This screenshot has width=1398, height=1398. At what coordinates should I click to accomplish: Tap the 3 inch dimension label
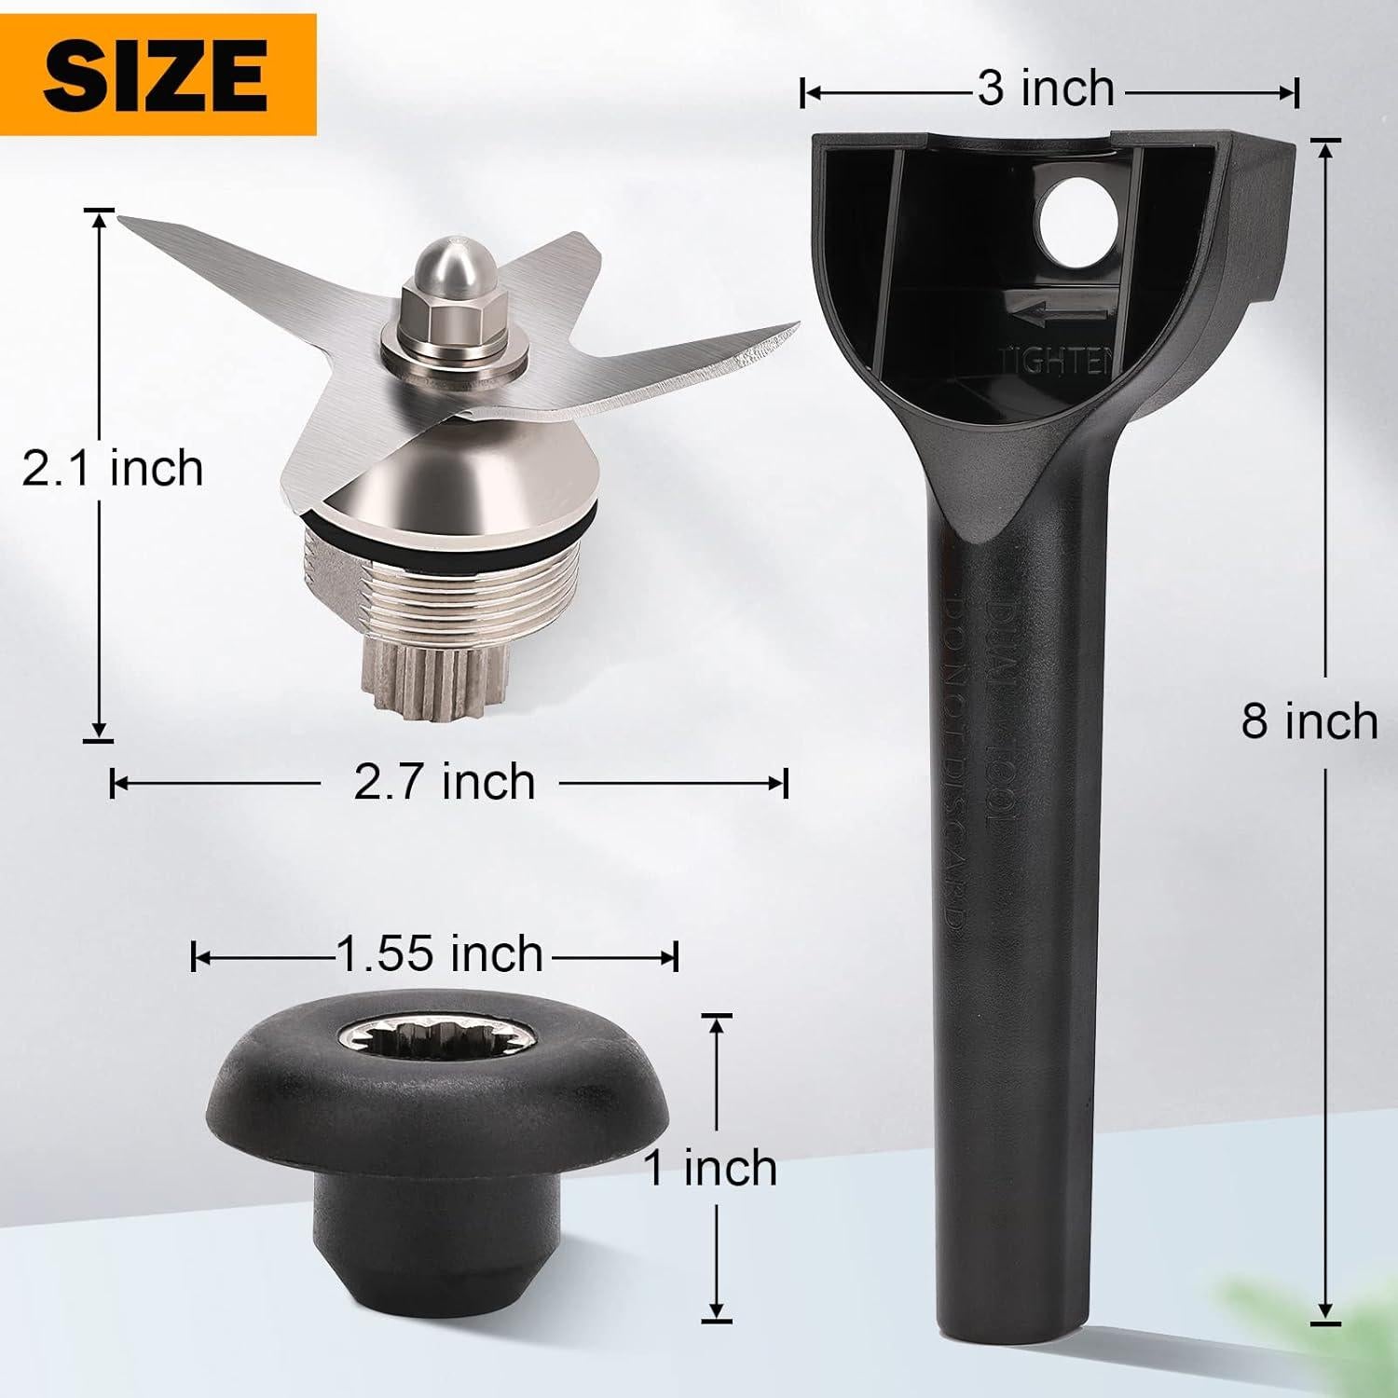point(1046,89)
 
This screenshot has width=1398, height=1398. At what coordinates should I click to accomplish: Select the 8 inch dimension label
point(1309,721)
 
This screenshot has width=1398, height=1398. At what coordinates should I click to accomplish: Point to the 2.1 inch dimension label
point(113,468)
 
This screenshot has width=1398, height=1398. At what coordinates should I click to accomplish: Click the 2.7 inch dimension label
point(445,781)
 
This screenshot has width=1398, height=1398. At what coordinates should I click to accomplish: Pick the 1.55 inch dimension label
point(439,953)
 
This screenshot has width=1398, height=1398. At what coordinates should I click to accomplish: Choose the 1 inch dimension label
point(711,1168)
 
